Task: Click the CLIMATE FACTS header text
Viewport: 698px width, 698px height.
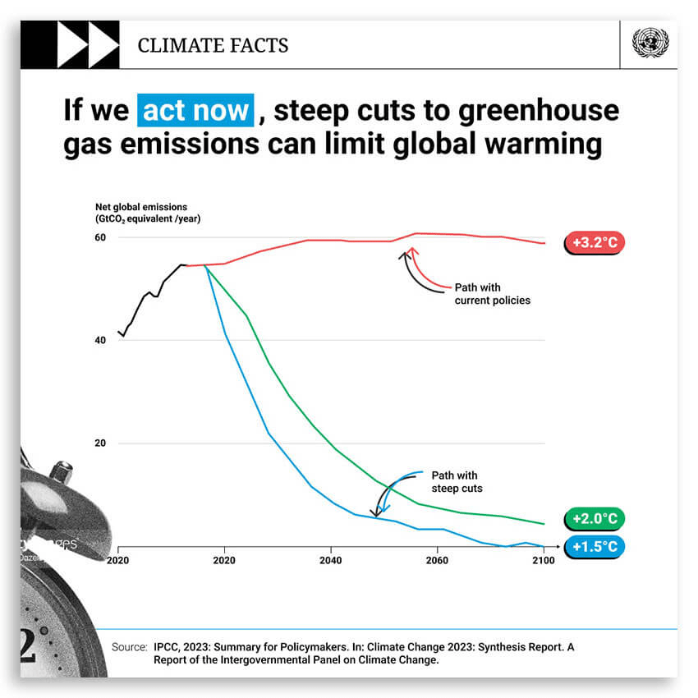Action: pyautogui.click(x=213, y=45)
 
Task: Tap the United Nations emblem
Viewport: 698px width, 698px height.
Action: pyautogui.click(x=650, y=44)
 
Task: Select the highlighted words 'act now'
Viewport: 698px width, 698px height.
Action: pyautogui.click(x=195, y=109)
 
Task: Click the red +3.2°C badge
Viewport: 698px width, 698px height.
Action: pyautogui.click(x=595, y=243)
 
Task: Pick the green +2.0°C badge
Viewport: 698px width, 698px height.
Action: pyautogui.click(x=595, y=519)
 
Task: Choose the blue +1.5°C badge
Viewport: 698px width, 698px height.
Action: pyautogui.click(x=595, y=546)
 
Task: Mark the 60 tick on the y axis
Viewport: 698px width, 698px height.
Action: pyautogui.click(x=99, y=237)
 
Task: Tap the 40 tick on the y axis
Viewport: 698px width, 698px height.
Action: pyautogui.click(x=99, y=340)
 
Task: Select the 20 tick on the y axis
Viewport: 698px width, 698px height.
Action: pyautogui.click(x=99, y=443)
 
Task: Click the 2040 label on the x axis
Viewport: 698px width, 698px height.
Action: pyautogui.click(x=330, y=560)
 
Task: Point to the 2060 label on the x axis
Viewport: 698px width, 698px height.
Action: pyautogui.click(x=437, y=560)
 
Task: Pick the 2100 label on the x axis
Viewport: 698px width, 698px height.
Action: pyautogui.click(x=544, y=560)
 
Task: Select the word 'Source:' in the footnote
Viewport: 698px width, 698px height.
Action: pyautogui.click(x=129, y=647)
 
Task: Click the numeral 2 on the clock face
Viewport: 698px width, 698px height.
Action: pyautogui.click(x=31, y=645)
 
